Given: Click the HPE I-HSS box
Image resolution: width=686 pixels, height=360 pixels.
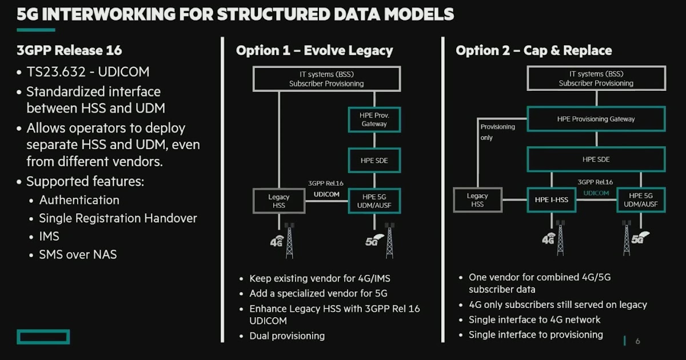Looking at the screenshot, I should pyautogui.click(x=551, y=200).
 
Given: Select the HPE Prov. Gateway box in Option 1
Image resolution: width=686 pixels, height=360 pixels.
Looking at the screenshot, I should pyautogui.click(x=374, y=119).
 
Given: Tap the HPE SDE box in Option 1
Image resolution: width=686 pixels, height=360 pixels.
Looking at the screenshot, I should pyautogui.click(x=374, y=161).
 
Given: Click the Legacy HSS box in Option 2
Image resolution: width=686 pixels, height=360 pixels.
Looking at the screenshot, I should pyautogui.click(x=477, y=200).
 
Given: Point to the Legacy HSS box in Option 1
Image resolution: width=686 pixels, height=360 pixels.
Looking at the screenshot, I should pyautogui.click(x=279, y=201).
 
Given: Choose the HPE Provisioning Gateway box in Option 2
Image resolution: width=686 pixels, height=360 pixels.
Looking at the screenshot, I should pyautogui.click(x=596, y=119).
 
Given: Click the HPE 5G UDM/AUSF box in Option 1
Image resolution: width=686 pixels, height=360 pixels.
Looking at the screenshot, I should pyautogui.click(x=374, y=201).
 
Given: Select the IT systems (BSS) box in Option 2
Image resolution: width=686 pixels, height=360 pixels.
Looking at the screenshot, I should pyautogui.click(x=596, y=78).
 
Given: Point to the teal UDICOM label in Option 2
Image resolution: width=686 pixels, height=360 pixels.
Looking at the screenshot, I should pyautogui.click(x=596, y=193).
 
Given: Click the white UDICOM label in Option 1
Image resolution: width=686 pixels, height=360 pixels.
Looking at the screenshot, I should pyautogui.click(x=326, y=194).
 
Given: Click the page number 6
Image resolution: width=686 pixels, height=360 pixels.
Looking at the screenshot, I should pyautogui.click(x=637, y=341).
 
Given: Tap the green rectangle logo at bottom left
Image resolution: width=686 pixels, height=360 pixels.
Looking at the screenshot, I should pyautogui.click(x=43, y=337).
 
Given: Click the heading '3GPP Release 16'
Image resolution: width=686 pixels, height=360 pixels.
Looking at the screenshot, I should pyautogui.click(x=69, y=50).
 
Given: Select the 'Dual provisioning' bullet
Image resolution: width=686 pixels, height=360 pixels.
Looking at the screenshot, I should pyautogui.click(x=286, y=336).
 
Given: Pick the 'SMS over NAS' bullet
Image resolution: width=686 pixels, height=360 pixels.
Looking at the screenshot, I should pyautogui.click(x=78, y=255).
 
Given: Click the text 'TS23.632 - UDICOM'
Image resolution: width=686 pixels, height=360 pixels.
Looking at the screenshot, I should pyautogui.click(x=84, y=73).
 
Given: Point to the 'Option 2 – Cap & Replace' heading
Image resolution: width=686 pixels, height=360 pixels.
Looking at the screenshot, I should pyautogui.click(x=533, y=50).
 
